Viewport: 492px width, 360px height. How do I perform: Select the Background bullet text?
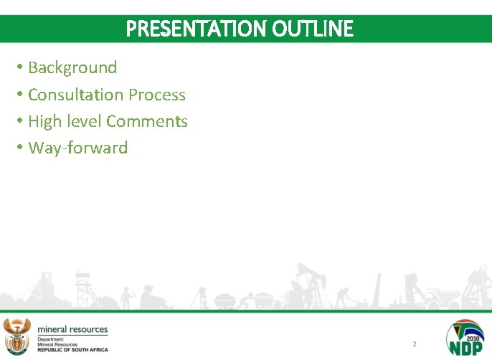point(72,67)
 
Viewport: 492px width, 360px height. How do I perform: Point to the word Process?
point(157,95)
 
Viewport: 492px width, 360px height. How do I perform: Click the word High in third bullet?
point(44,121)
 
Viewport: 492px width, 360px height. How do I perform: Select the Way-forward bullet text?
point(77,148)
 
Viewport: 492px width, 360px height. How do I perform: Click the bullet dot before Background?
point(21,67)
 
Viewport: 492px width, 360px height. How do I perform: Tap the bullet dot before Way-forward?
point(21,148)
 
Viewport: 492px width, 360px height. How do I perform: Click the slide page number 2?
point(414,344)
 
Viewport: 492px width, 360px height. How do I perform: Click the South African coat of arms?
point(17,335)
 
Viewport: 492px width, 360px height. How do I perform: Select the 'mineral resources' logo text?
point(72,329)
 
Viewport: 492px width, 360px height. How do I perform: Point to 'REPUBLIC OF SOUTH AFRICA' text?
point(72,349)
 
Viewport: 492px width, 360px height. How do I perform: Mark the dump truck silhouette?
point(438,294)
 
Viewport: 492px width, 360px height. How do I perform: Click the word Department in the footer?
point(52,338)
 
